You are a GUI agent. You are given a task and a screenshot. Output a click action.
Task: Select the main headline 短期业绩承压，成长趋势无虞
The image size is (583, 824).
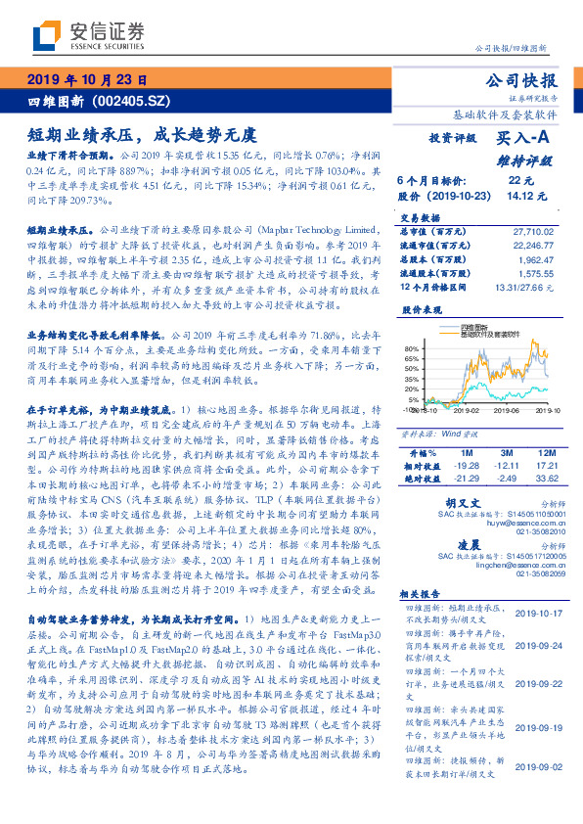click(x=143, y=132)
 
